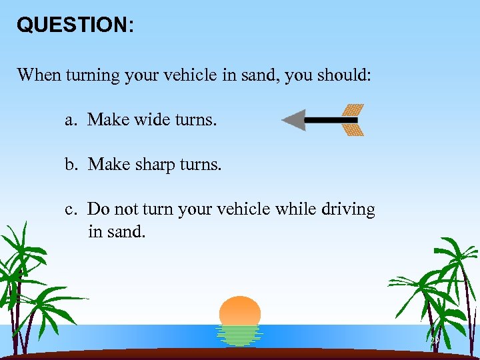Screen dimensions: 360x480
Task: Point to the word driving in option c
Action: click(x=348, y=209)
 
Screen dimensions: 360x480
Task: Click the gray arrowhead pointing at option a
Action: click(x=293, y=120)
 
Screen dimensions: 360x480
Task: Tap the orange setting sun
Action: click(x=240, y=311)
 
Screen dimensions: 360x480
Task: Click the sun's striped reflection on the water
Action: click(x=240, y=335)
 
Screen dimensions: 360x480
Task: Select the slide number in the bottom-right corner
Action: click(x=434, y=341)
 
